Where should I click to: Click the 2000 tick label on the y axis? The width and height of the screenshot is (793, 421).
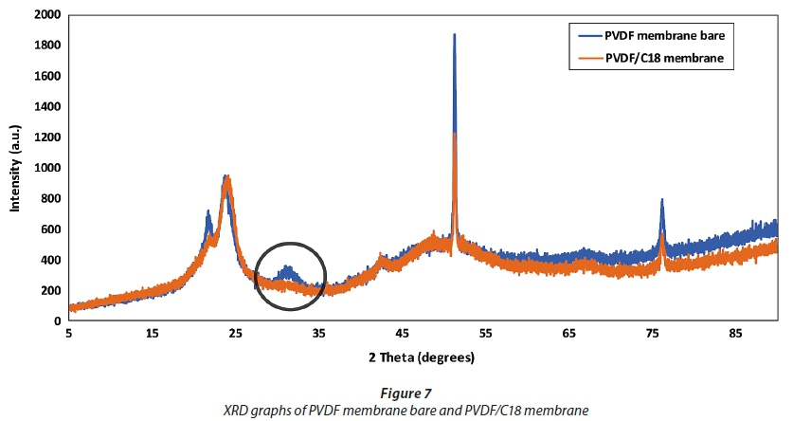(x=47, y=15)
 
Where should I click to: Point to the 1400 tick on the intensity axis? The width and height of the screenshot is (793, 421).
(x=47, y=107)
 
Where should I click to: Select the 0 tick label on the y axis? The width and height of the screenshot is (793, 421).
(x=57, y=321)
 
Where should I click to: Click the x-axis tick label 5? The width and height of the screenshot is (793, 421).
(x=69, y=334)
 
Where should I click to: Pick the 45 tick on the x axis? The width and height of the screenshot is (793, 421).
(x=402, y=334)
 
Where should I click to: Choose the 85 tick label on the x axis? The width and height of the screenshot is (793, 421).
(x=735, y=334)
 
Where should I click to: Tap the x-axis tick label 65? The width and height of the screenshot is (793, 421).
(x=568, y=334)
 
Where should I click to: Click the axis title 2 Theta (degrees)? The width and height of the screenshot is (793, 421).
(x=422, y=357)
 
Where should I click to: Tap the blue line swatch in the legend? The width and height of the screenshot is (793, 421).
(x=588, y=36)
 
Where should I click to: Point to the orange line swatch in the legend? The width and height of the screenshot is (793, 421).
(x=588, y=59)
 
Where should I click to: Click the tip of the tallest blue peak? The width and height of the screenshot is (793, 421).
(x=455, y=34)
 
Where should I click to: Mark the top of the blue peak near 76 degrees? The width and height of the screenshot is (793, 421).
(x=662, y=199)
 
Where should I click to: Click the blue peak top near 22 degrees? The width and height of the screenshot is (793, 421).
(x=208, y=211)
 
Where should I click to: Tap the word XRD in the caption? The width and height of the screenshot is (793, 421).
(x=236, y=410)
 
